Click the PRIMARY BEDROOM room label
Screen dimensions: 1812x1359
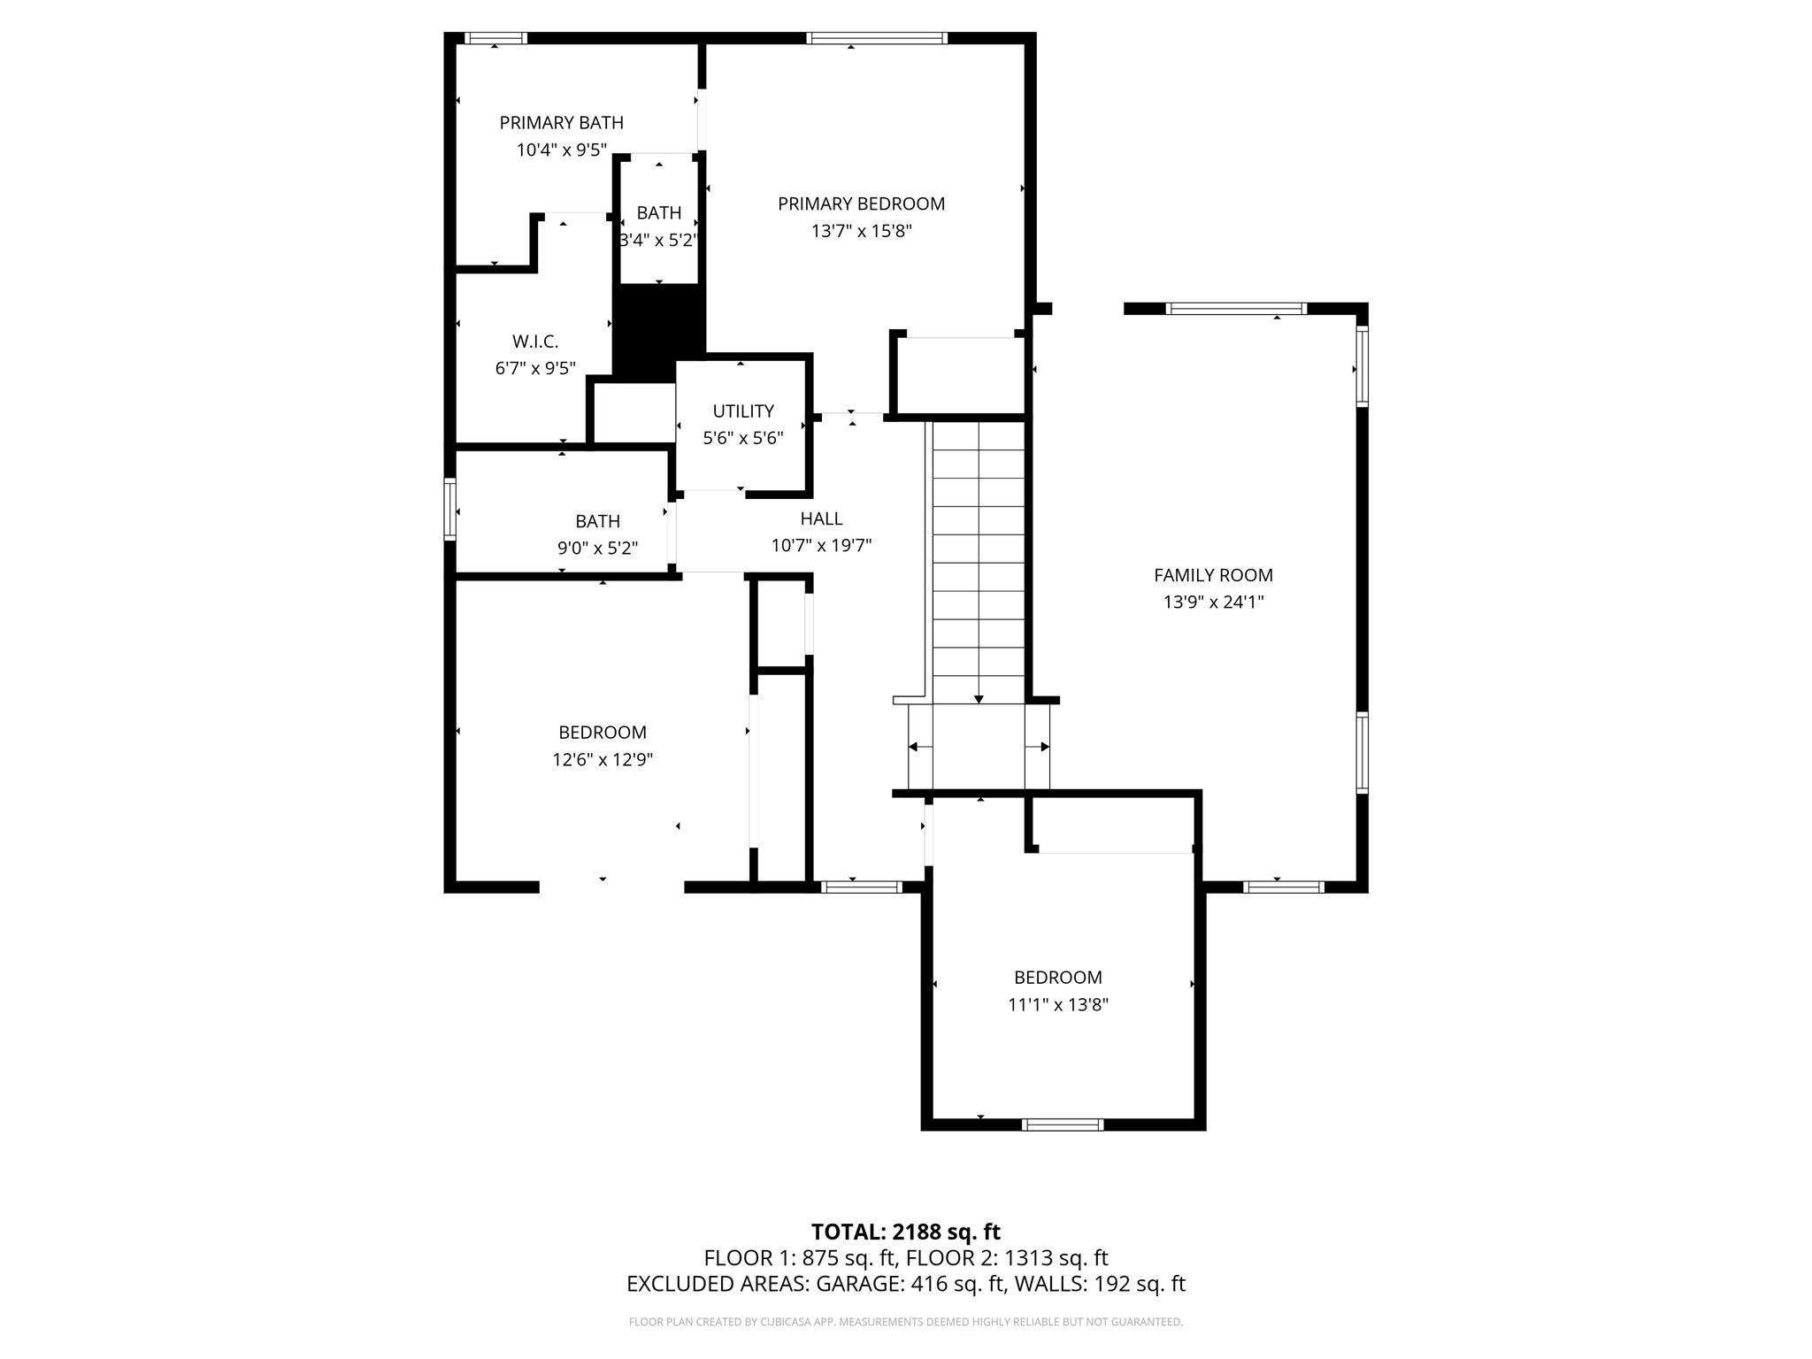861,203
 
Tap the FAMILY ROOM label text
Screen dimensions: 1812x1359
1213,575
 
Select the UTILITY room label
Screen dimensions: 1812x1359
743,411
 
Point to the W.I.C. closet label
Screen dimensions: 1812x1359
535,342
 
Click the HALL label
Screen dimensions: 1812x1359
821,518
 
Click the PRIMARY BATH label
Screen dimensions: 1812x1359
562,122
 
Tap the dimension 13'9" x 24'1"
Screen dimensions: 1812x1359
1213,603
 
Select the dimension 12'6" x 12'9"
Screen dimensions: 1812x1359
603,759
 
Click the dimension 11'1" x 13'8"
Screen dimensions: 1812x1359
1058,1004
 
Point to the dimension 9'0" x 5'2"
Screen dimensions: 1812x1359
597,549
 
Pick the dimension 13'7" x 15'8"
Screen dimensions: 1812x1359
861,231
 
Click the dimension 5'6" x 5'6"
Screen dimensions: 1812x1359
743,438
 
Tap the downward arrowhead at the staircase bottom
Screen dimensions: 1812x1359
979,699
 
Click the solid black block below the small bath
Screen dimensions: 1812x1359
659,334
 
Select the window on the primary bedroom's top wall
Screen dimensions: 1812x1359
877,38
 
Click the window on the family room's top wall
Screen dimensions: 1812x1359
1236,309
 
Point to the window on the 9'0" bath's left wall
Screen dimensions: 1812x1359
449,509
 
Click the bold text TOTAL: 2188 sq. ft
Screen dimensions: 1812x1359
905,1232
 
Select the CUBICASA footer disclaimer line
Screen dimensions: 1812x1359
905,1322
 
